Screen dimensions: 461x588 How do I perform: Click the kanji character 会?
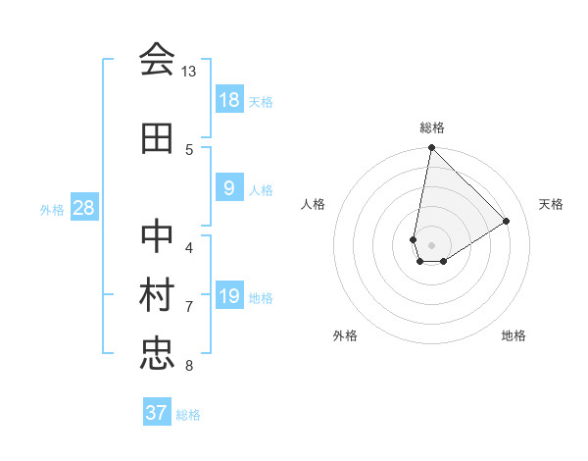pyautogui.click(x=157, y=61)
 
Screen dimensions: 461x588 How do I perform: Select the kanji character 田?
pyautogui.click(x=157, y=139)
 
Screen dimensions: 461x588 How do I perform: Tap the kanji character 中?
pyautogui.click(x=157, y=238)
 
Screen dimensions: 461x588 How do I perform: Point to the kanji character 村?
pyautogui.click(x=157, y=297)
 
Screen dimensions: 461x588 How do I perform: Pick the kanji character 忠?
pyautogui.click(x=157, y=355)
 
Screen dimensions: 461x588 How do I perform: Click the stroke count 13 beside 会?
pyautogui.click(x=189, y=72)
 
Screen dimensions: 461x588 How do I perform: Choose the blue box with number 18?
pyautogui.click(x=229, y=99)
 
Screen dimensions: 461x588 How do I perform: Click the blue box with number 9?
pyautogui.click(x=229, y=188)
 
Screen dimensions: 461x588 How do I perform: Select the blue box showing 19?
pyautogui.click(x=229, y=296)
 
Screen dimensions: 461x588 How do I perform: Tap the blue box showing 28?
pyautogui.click(x=84, y=208)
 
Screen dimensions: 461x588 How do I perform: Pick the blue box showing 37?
pyautogui.click(x=157, y=413)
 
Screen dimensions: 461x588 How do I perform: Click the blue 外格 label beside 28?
pyautogui.click(x=51, y=209)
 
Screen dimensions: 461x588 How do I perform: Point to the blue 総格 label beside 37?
pyautogui.click(x=188, y=415)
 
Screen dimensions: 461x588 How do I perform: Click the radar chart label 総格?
pyautogui.click(x=432, y=128)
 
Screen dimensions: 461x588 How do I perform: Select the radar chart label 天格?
pyautogui.click(x=552, y=204)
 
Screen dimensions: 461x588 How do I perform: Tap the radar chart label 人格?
pyautogui.click(x=313, y=204)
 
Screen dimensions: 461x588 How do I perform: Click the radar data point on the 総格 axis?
pyautogui.click(x=431, y=148)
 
